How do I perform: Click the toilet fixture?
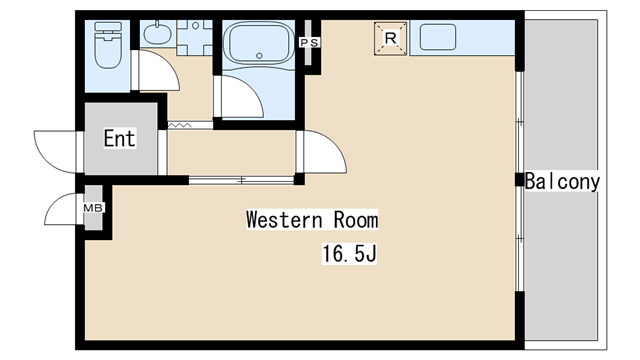coord(108,45)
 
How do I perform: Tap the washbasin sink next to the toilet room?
coord(157,34)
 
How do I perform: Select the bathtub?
coord(259,43)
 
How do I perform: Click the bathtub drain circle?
coord(259,56)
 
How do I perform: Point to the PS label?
coord(310,42)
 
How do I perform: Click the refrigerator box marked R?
coord(391,38)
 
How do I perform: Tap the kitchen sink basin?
coord(438,37)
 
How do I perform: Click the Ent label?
coord(120,138)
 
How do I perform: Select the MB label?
coord(93,208)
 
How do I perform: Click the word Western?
coord(284,220)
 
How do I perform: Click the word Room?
coord(356,220)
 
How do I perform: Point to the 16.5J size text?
coord(349,253)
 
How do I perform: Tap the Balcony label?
coord(562,181)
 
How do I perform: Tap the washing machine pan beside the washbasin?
coord(194,38)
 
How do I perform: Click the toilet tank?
coord(108,27)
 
